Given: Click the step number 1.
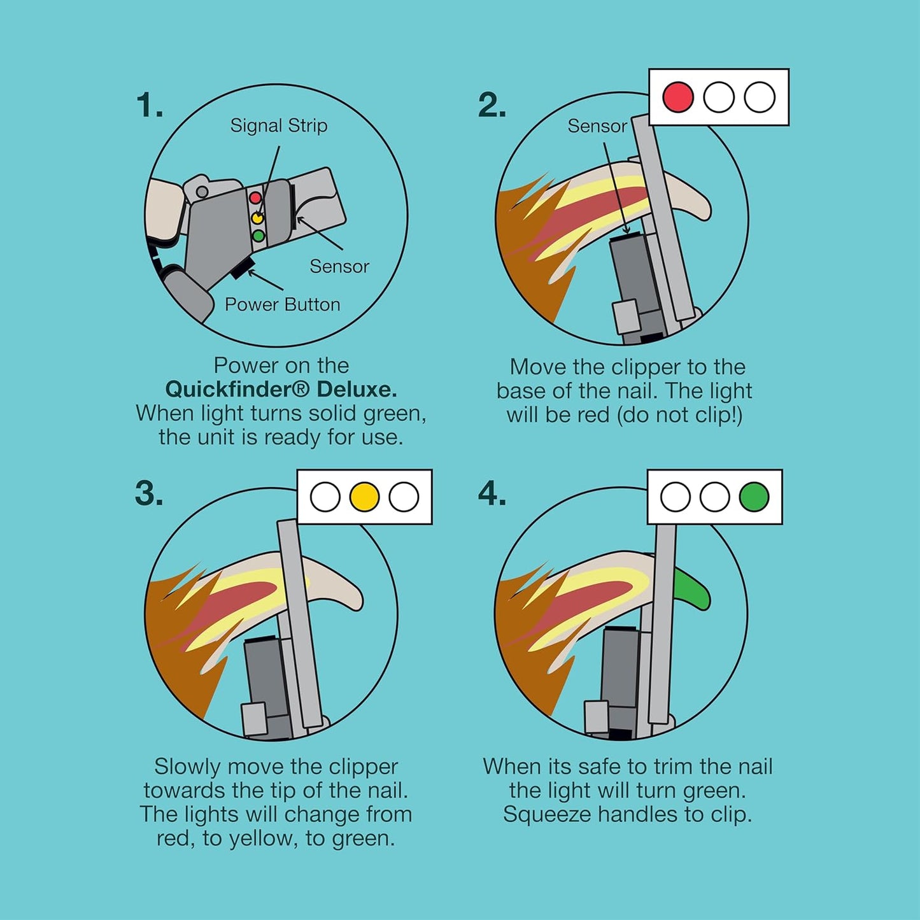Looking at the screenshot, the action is pyautogui.click(x=150, y=105).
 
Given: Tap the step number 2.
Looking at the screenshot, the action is pyautogui.click(x=492, y=105).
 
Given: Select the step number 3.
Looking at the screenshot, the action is pyautogui.click(x=149, y=493).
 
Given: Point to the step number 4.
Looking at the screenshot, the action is pyautogui.click(x=492, y=493).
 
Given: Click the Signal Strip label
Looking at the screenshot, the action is pyautogui.click(x=279, y=125).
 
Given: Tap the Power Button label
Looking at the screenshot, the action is pyautogui.click(x=283, y=304).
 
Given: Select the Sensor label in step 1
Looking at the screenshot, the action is pyautogui.click(x=339, y=266).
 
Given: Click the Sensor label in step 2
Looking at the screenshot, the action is pyautogui.click(x=597, y=126).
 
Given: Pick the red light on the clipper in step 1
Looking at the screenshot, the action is pyautogui.click(x=255, y=197).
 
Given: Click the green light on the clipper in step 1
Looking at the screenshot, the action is pyautogui.click(x=258, y=236).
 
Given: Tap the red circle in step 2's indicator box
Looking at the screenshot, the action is pyautogui.click(x=678, y=97).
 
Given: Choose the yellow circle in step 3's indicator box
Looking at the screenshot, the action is pyautogui.click(x=364, y=497).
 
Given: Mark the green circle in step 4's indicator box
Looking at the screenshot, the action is pyautogui.click(x=754, y=497).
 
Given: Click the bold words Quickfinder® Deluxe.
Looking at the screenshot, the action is pyautogui.click(x=281, y=390).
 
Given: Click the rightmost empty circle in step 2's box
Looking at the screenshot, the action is pyautogui.click(x=759, y=97).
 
